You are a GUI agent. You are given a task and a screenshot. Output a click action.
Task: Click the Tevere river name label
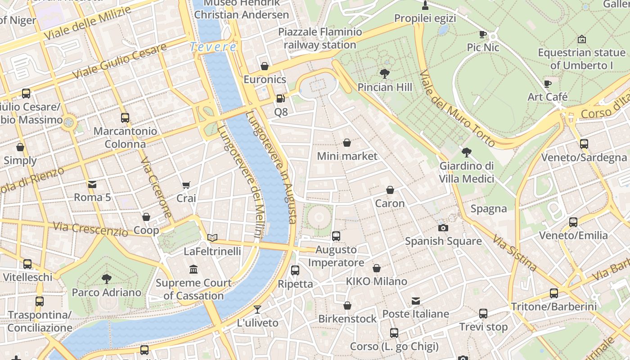(213, 47)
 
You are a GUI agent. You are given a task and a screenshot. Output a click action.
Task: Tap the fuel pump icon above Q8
(280, 98)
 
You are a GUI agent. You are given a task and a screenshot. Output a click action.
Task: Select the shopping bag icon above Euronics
(265, 66)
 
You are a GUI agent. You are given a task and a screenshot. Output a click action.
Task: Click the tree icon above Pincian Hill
(384, 73)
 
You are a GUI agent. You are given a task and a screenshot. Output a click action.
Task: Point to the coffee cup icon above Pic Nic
(483, 34)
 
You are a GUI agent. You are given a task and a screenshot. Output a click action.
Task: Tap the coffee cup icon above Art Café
(547, 84)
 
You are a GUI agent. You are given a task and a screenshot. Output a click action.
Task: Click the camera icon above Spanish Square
(443, 228)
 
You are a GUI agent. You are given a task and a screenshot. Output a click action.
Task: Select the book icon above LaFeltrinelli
(212, 238)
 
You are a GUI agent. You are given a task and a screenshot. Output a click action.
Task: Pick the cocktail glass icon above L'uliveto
(257, 309)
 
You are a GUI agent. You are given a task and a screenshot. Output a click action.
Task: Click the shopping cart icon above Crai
(186, 185)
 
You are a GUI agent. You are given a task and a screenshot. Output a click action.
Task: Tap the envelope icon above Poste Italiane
(415, 301)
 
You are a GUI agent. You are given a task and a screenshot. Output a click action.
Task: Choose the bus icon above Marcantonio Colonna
(125, 118)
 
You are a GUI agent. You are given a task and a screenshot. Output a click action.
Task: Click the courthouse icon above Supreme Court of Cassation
(193, 270)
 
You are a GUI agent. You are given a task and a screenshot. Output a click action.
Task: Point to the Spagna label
(489, 209)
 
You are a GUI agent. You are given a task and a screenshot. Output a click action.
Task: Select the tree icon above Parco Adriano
(107, 279)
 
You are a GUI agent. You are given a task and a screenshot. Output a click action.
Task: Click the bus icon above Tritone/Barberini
(553, 293)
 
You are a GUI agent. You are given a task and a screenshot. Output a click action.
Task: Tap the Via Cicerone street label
(157, 188)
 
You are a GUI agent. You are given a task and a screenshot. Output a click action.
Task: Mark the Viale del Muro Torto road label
(457, 109)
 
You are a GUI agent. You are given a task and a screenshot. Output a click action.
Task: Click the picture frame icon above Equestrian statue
(581, 39)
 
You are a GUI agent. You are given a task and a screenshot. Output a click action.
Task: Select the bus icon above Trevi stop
(483, 314)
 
